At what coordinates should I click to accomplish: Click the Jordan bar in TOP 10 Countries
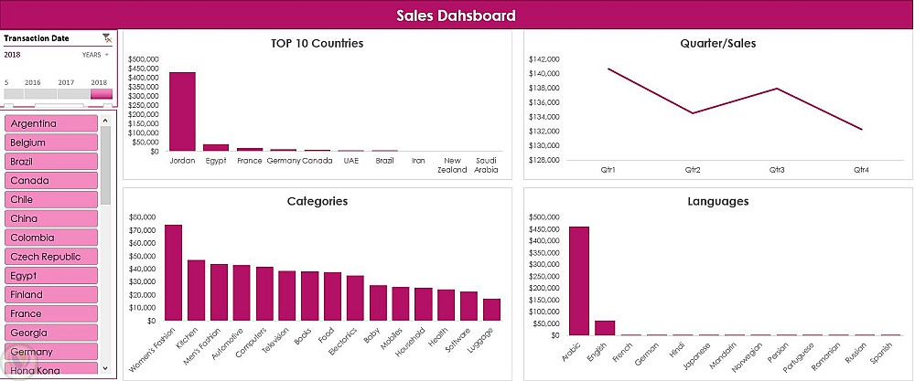(182, 111)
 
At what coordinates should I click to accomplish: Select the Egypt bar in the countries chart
(216, 147)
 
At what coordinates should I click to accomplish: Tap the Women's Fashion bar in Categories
(173, 272)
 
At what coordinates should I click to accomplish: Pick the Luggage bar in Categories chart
(492, 310)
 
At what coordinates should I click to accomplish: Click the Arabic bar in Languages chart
(579, 280)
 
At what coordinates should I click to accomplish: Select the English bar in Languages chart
(605, 328)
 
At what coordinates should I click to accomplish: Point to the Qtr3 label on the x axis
(777, 169)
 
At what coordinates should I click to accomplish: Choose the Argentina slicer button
(51, 123)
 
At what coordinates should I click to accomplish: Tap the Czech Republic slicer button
(51, 257)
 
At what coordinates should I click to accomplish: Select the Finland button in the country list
(51, 295)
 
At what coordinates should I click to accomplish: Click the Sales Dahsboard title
(457, 16)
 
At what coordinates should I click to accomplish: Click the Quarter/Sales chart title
(718, 43)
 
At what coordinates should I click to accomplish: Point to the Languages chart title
(718, 201)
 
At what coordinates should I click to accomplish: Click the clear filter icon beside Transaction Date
(106, 38)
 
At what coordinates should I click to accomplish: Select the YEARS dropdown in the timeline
(95, 55)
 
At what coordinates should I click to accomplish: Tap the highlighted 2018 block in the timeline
(102, 93)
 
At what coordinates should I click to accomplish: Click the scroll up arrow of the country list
(106, 121)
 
